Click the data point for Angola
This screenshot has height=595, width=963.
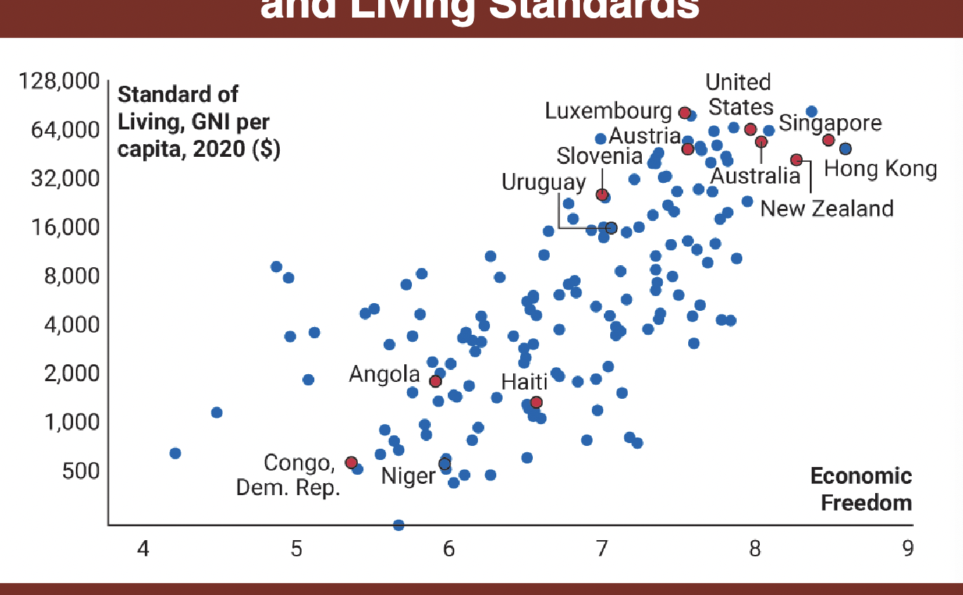point(435,381)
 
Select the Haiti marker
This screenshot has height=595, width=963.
point(536,402)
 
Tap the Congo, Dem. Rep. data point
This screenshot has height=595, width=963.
point(351,462)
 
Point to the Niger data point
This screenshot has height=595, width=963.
point(444,464)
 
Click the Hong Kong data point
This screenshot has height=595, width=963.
point(845,148)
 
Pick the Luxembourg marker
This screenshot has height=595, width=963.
point(685,113)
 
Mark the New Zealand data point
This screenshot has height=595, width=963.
point(796,160)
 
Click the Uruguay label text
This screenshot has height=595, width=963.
point(543,182)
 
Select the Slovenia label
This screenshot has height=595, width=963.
point(600,156)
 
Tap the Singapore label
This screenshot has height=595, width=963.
point(829,123)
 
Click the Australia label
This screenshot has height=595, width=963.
point(755,175)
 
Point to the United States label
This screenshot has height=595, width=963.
point(739,95)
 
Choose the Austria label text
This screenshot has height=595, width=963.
point(645,135)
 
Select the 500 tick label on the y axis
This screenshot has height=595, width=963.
point(80,471)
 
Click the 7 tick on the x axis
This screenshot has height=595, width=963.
point(602,549)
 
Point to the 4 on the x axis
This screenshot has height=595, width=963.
point(143,549)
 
